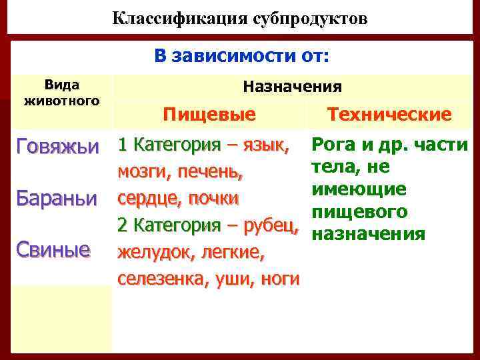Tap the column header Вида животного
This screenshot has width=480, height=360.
pyautogui.click(x=61, y=93)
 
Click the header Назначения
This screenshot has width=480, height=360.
pyautogui.click(x=293, y=86)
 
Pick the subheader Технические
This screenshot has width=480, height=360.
pyautogui.click(x=389, y=115)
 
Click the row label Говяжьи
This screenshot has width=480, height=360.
pyautogui.click(x=57, y=145)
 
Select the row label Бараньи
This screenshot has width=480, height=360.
pyautogui.click(x=57, y=199)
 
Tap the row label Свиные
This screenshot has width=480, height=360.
pyautogui.click(x=53, y=250)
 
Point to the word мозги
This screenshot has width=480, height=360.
pyautogui.click(x=141, y=172)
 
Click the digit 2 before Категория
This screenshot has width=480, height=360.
pyautogui.click(x=122, y=225)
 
